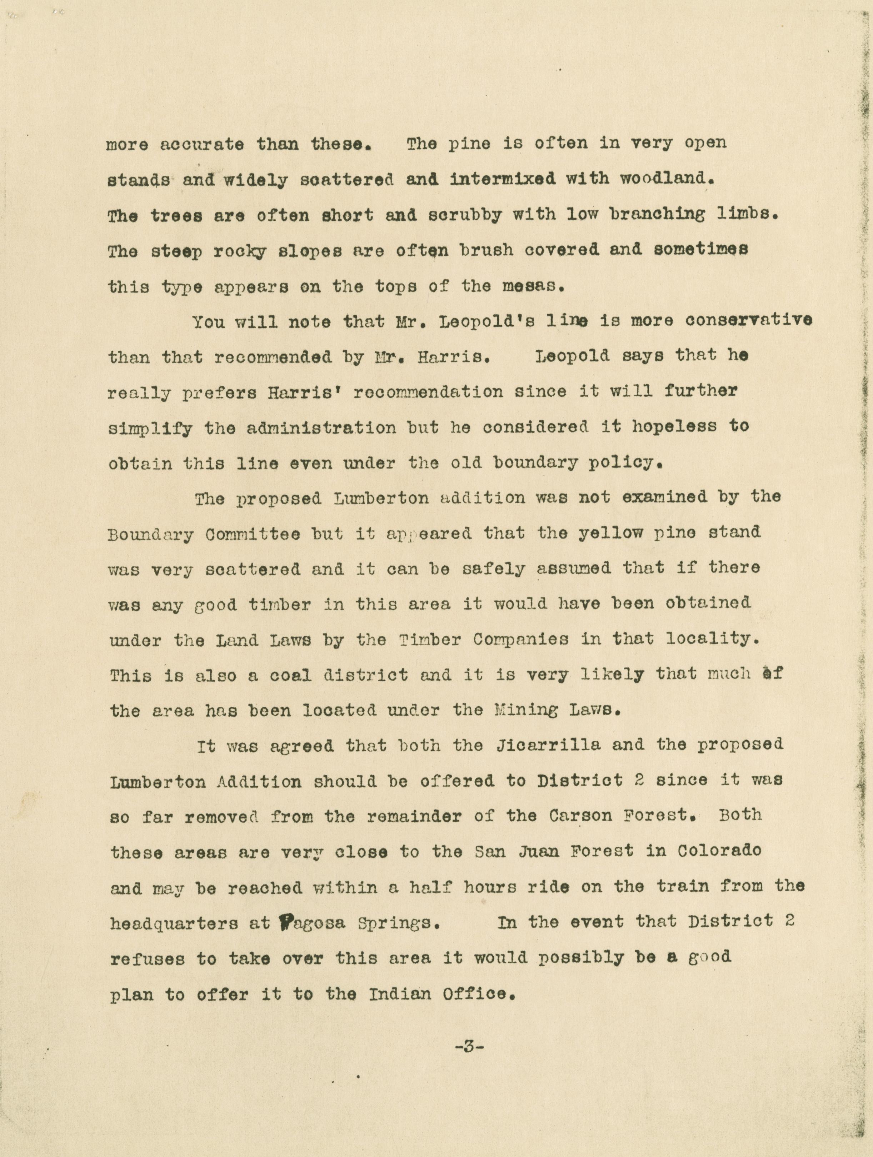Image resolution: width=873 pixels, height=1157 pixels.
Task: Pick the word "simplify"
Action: (150, 429)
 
